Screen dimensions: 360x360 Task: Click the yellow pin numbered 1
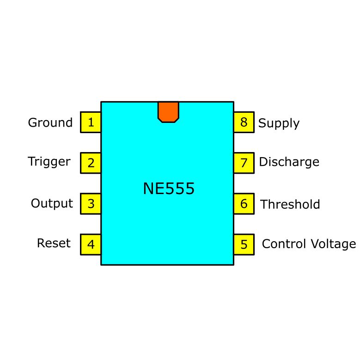coord(91,122)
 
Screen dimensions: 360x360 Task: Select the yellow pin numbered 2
coord(91,163)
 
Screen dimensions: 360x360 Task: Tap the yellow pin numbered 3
coord(91,204)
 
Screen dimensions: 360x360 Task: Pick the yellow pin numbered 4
coord(91,244)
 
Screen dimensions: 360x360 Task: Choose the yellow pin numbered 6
coord(244,204)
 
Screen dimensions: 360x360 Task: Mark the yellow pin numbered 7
coord(244,163)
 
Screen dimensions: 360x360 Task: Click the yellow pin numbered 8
coord(244,122)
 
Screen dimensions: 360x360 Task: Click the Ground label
coord(50,123)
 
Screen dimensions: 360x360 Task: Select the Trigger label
coord(49,162)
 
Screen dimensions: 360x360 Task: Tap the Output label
coord(52,203)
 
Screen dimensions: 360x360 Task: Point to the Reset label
coord(54,243)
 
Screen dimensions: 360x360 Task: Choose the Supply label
coord(279,123)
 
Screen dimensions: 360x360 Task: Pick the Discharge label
coord(289,162)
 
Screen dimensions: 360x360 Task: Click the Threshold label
coord(290,204)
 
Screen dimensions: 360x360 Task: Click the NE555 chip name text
coord(169,189)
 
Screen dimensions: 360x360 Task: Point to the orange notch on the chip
coord(168,111)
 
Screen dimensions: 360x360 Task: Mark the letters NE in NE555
coord(153,189)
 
